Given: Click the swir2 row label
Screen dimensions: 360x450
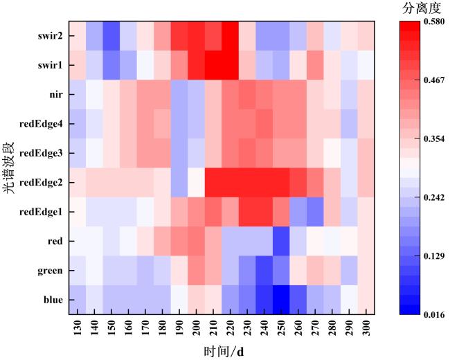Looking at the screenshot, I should [x=51, y=35].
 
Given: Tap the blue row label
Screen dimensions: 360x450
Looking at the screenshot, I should [x=53, y=300].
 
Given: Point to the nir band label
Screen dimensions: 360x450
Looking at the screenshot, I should [x=55, y=94].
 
